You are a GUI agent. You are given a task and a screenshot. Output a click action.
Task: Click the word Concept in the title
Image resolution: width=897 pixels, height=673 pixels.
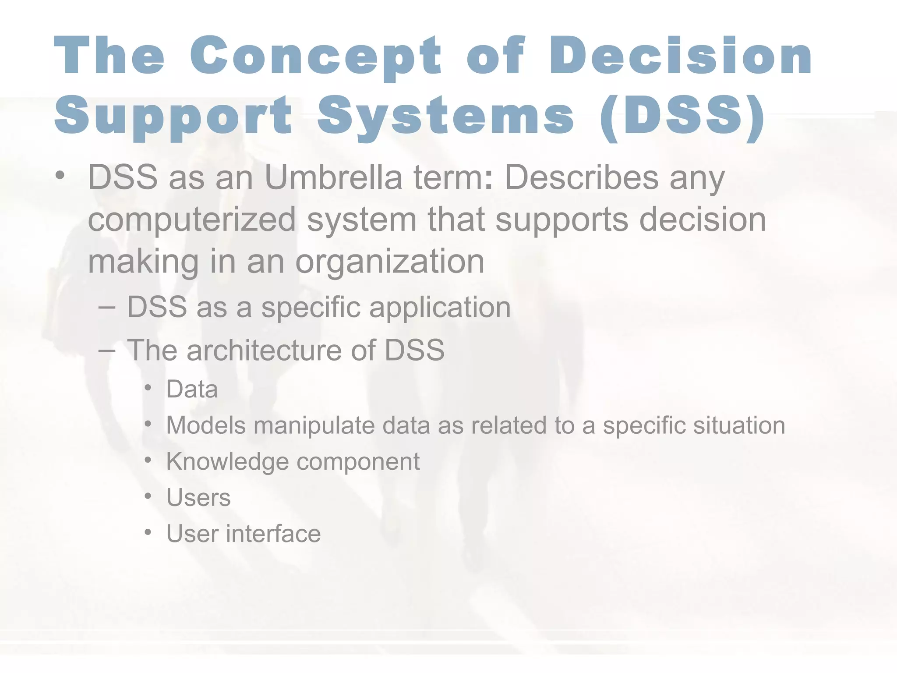pos(315,57)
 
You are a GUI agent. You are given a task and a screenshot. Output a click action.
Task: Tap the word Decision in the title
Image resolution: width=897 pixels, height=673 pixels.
pos(681,57)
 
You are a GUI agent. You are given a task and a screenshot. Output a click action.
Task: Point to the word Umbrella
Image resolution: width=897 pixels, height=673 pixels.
pos(333,177)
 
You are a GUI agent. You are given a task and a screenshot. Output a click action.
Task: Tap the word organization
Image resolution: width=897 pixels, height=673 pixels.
pos(390,262)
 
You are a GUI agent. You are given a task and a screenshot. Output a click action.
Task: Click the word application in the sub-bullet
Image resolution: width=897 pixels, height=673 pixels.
pos(440,308)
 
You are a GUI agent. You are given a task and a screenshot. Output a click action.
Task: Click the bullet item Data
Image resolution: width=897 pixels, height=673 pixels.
pos(192,389)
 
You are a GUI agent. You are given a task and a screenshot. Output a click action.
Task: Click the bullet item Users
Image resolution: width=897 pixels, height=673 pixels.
pos(198,498)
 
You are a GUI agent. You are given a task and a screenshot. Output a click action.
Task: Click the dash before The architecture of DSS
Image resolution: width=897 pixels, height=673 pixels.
pos(107,351)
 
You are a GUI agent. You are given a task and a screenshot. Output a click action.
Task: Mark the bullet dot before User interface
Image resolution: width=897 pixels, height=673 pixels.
pos(148,533)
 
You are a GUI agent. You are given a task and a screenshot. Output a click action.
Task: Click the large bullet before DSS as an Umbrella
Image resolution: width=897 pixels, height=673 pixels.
pos(60,177)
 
